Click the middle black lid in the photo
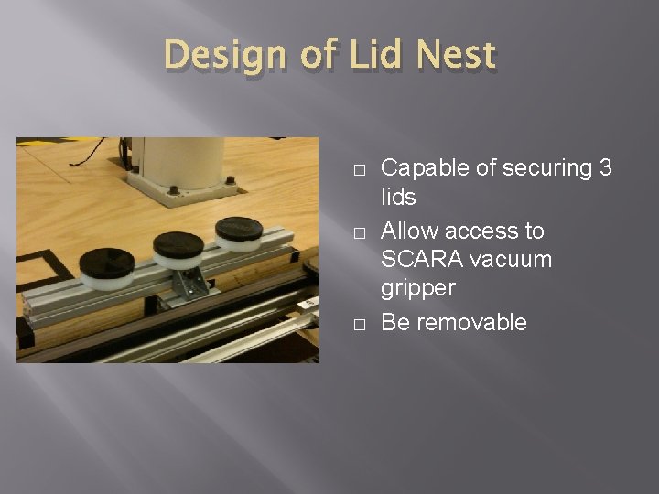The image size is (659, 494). [179, 244]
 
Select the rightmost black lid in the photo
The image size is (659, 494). [238, 227]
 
